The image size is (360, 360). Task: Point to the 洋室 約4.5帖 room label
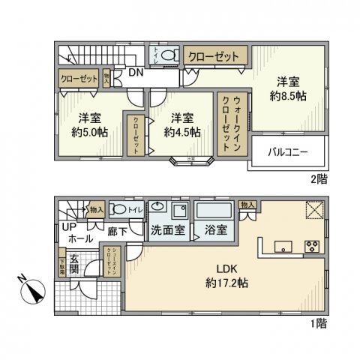point(183,124)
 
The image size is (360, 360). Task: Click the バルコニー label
point(288,153)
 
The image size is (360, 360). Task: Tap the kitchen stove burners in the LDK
point(313,246)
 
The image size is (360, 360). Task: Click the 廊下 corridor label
point(116,232)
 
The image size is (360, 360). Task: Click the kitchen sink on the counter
point(282,246)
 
